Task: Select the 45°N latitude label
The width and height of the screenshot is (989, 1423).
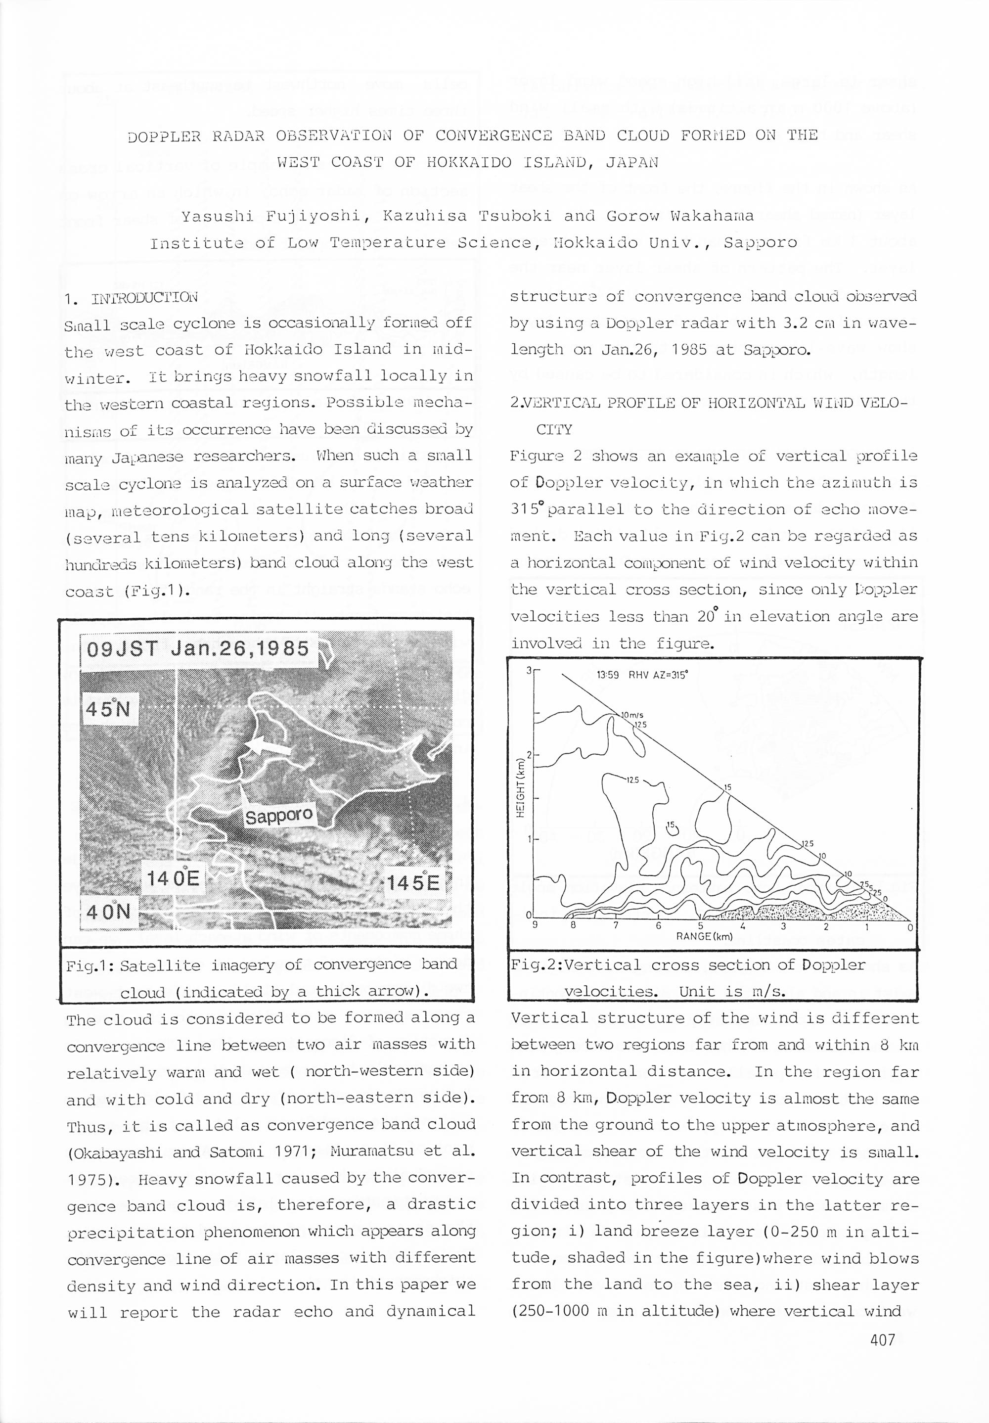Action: (110, 708)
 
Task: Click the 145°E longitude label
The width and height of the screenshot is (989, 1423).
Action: (414, 882)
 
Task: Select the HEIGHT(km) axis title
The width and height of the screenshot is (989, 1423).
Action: (521, 787)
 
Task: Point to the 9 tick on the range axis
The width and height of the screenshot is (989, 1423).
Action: (533, 927)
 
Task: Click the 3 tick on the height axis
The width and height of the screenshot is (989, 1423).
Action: (529, 670)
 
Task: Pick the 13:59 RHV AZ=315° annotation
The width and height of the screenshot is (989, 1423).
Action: (642, 676)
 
